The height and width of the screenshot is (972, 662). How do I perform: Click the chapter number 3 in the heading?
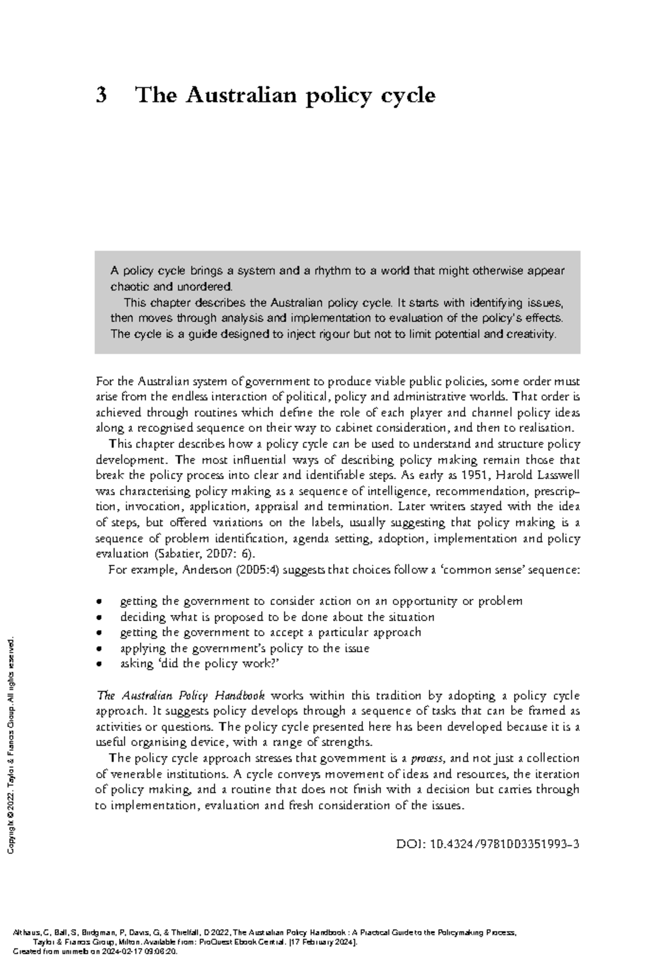coord(101,95)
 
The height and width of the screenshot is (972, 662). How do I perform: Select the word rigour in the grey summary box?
coord(320,334)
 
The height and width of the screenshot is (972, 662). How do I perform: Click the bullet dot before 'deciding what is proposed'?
coord(99,617)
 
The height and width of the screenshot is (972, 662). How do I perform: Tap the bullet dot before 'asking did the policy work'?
coord(99,665)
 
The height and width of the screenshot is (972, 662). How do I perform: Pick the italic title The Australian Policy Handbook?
coord(181,696)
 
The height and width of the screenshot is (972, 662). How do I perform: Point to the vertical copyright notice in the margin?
coord(12,744)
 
